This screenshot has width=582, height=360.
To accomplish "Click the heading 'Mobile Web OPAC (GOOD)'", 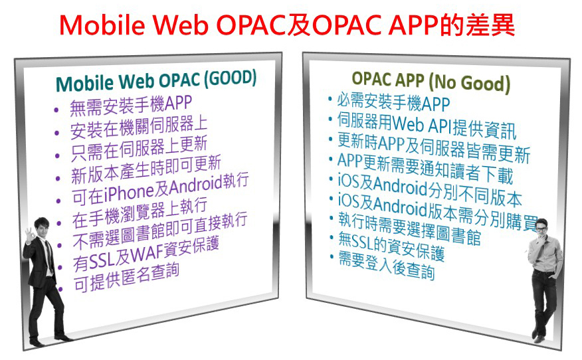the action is point(156,80).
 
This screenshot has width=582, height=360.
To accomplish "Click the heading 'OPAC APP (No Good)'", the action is point(431,82).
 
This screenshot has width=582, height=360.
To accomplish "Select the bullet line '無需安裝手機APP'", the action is point(131,105).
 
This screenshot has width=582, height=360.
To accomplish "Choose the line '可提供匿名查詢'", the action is point(127,277).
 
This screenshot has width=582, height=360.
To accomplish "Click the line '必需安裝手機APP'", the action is point(393,102).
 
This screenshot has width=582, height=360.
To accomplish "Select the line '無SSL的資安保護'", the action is point(391,247).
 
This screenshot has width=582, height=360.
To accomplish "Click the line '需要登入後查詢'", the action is point(387,265).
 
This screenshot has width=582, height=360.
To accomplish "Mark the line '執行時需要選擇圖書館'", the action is point(410,228).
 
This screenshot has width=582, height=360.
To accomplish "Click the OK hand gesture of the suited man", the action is point(29,234).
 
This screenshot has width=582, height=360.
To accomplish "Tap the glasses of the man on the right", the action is point(540,229).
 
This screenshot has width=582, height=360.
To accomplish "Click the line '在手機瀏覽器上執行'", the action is point(140,213).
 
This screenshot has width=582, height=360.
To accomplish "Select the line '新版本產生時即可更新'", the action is point(146,169).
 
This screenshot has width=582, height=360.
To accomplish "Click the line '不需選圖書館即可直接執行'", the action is point(160,231).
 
